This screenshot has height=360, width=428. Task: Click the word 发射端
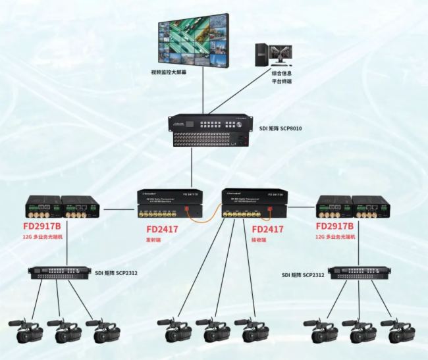pyautogui.click(x=153, y=241)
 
